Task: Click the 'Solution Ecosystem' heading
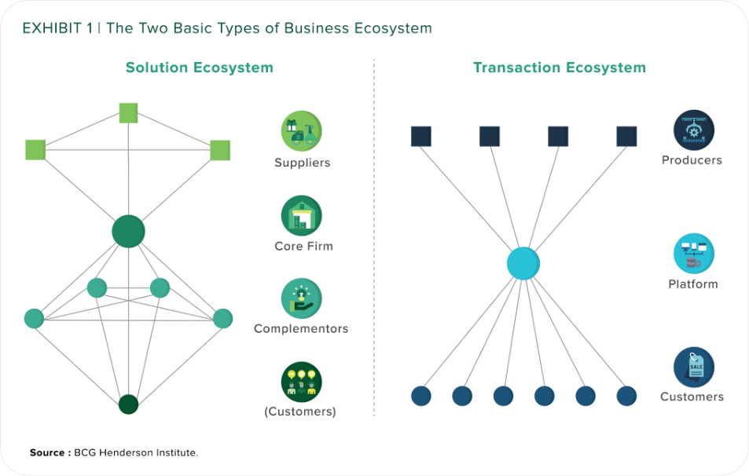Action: pyautogui.click(x=200, y=68)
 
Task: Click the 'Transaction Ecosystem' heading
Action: pyautogui.click(x=559, y=68)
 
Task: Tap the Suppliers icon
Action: pyautogui.click(x=302, y=131)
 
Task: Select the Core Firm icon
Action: pyautogui.click(x=302, y=215)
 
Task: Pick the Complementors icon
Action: pyautogui.click(x=302, y=298)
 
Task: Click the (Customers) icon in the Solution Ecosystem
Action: pyautogui.click(x=302, y=382)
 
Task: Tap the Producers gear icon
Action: pyautogui.click(x=693, y=130)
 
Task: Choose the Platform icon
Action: pyautogui.click(x=693, y=254)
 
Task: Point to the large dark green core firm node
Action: pyautogui.click(x=128, y=232)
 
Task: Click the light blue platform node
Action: pyautogui.click(x=523, y=264)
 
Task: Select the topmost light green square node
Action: pyautogui.click(x=128, y=113)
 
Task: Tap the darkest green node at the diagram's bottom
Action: pyautogui.click(x=128, y=405)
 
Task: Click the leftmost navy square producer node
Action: pyautogui.click(x=421, y=137)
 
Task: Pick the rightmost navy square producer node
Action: pyautogui.click(x=626, y=137)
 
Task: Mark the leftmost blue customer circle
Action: pyautogui.click(x=421, y=396)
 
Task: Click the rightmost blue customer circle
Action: pyautogui.click(x=626, y=396)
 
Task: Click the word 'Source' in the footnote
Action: pyautogui.click(x=48, y=452)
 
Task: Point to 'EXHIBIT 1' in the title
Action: pyautogui.click(x=57, y=28)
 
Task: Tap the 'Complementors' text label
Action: pyautogui.click(x=301, y=329)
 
